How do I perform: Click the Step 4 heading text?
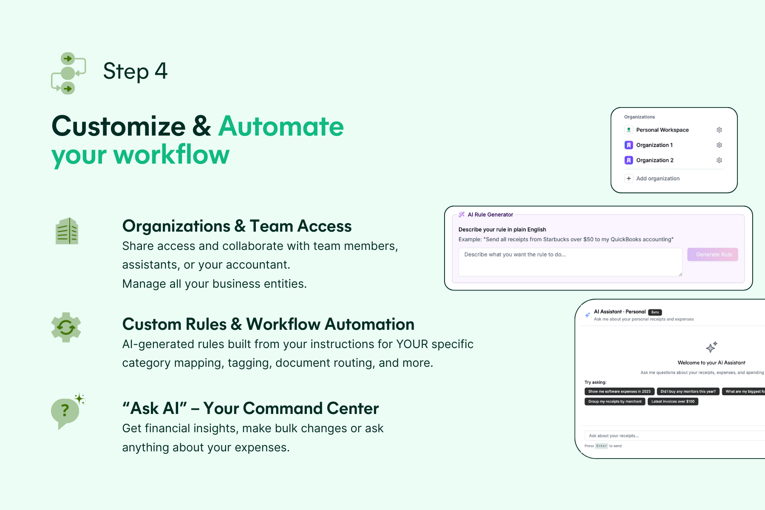135,71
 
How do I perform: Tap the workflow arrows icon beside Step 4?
68,73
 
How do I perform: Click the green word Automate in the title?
281,126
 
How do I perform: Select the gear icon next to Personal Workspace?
719,130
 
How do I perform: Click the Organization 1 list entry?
654,145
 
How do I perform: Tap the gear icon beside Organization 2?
719,160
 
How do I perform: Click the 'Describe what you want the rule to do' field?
569,262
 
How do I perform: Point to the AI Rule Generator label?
490,215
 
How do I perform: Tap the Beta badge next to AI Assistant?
655,312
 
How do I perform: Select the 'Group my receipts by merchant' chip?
615,402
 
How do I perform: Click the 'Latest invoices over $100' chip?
673,402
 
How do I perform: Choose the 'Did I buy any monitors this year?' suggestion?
688,391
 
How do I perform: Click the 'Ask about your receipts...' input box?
671,436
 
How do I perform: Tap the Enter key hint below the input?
601,446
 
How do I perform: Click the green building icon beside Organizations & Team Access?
67,231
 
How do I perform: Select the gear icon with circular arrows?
66,327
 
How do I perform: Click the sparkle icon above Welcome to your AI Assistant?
711,347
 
